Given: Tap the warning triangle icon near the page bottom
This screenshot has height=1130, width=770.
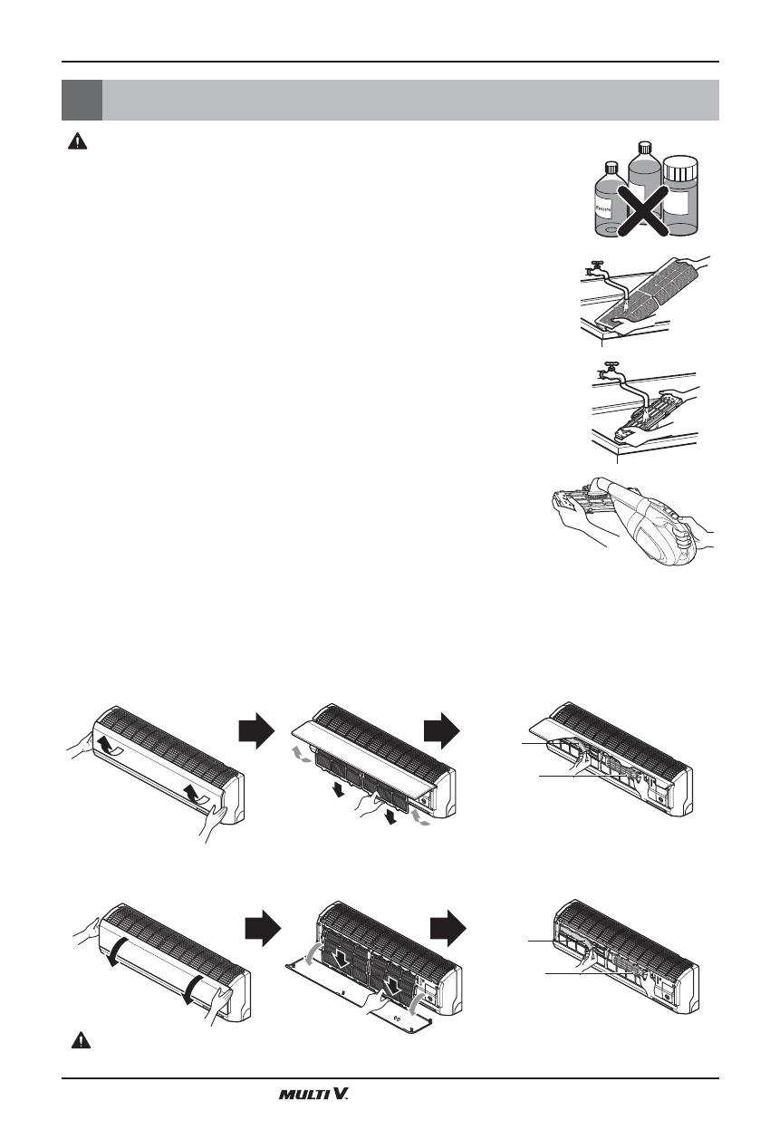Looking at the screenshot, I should click(x=81, y=1041).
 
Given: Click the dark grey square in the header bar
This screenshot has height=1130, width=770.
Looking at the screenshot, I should click(x=82, y=100).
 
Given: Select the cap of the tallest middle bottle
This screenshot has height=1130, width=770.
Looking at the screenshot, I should click(x=645, y=148).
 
